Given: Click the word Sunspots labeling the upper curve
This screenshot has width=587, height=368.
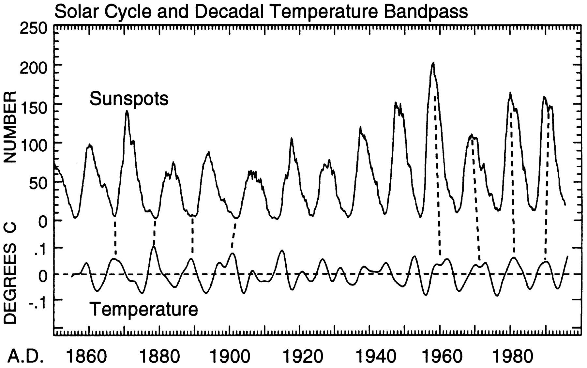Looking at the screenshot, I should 129,99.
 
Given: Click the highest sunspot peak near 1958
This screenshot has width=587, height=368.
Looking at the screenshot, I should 433,63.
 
